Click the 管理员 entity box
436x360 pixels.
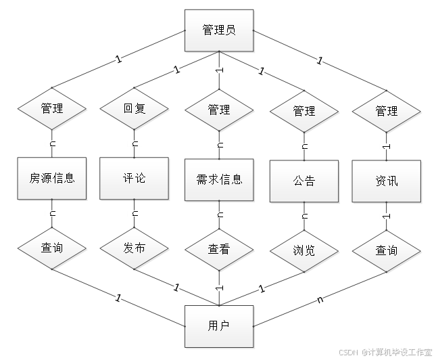coord(219,30)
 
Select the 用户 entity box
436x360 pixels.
coord(219,325)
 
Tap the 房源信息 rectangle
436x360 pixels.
coord(52,179)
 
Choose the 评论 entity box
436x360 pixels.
coord(134,179)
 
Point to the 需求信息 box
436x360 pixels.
coord(218,180)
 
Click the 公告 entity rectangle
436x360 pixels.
coord(304,181)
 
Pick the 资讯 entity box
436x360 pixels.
coord(386,181)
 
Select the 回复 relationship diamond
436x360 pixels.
coord(134,108)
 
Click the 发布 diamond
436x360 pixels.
coord(134,248)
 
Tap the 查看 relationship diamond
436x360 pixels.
coord(218,250)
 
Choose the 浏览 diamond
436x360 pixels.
coord(304,250)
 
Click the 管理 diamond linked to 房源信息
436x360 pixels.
coord(52,108)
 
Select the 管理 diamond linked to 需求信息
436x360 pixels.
coord(218,110)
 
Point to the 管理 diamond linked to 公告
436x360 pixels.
coord(304,111)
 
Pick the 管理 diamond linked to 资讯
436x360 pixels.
coord(386,111)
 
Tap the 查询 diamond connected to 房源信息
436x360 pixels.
coord(52,248)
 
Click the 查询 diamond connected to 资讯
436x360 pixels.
coord(386,250)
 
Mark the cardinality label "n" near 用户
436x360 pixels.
coord(320,297)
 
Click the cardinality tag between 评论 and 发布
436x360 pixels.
coord(135,214)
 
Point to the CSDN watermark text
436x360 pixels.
coord(385,352)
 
